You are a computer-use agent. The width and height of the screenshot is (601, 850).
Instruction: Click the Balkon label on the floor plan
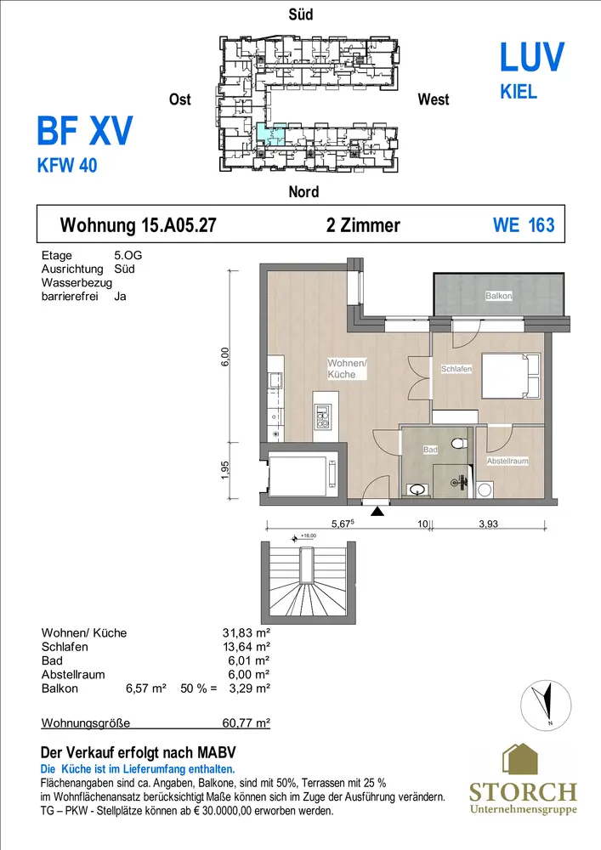(x=499, y=296)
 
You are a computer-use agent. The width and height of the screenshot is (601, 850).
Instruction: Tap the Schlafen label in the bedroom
(x=456, y=369)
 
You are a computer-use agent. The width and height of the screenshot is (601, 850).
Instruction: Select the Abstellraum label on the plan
(x=507, y=461)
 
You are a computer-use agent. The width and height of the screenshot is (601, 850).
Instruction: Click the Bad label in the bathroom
(x=430, y=450)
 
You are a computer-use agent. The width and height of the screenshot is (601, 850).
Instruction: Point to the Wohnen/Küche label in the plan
(x=347, y=369)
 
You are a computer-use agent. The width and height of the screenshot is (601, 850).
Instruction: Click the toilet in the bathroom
(x=461, y=443)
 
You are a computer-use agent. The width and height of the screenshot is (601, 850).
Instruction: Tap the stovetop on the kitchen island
(x=322, y=416)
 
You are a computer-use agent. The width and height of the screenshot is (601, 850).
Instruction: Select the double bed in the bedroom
(x=511, y=377)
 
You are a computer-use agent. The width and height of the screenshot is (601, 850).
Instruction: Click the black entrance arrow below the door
(x=377, y=511)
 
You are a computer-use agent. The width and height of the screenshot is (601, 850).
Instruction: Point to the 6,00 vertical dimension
(x=225, y=357)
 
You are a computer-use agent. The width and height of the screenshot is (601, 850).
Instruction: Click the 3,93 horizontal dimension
(x=488, y=524)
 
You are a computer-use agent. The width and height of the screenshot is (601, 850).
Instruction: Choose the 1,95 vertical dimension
(x=225, y=470)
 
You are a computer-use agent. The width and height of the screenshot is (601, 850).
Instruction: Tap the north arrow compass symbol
(x=546, y=705)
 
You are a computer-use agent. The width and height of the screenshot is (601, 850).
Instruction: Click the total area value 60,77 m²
(x=246, y=722)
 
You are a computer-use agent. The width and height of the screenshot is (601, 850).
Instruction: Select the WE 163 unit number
(x=524, y=225)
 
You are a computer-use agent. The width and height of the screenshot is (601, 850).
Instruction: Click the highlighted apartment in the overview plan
(x=270, y=133)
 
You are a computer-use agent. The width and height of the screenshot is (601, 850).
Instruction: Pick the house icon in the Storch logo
(x=519, y=759)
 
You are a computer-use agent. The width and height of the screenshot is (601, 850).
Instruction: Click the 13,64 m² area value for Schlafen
(x=246, y=647)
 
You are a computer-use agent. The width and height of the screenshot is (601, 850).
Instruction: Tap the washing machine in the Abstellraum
(x=485, y=490)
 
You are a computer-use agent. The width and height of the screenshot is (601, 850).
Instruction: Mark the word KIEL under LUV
(x=519, y=92)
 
